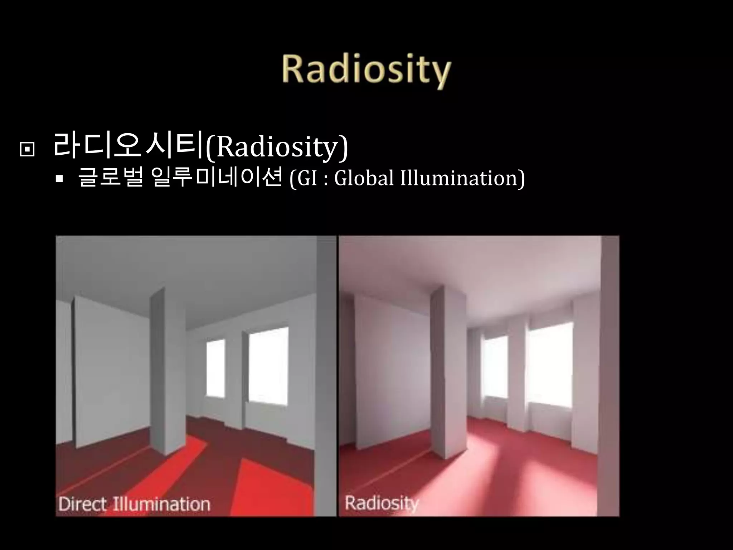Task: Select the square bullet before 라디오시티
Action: [x=27, y=150]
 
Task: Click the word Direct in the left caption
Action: [x=82, y=504]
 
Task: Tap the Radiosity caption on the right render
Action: [x=382, y=503]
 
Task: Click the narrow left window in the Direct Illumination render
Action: [x=216, y=367]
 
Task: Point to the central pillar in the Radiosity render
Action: [x=449, y=372]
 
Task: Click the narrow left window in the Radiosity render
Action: [x=495, y=365]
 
